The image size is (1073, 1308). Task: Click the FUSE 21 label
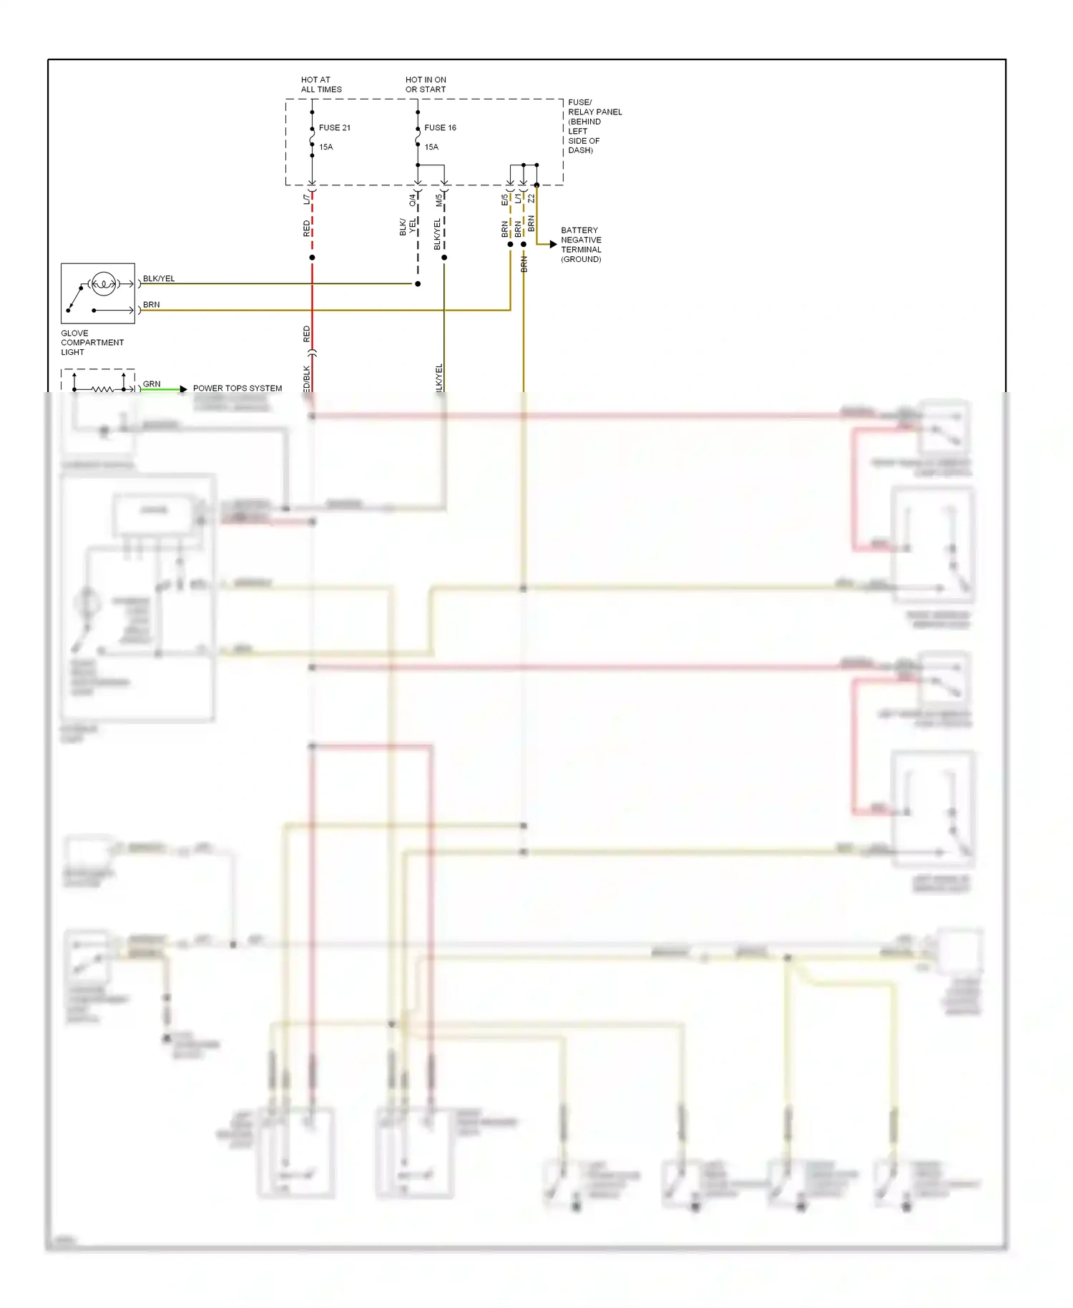pyautogui.click(x=334, y=128)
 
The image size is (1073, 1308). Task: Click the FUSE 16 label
pyautogui.click(x=440, y=128)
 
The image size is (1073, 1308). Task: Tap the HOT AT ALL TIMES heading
pyautogui.click(x=321, y=84)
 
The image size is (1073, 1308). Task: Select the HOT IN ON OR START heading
pyautogui.click(x=426, y=84)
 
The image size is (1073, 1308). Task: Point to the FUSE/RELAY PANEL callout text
pyautogui.click(x=594, y=126)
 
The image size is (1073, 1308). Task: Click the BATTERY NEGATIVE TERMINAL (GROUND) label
pyautogui.click(x=581, y=245)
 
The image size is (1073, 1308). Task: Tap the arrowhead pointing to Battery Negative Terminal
pyautogui.click(x=553, y=245)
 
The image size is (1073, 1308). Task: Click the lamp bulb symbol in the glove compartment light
pyautogui.click(x=104, y=284)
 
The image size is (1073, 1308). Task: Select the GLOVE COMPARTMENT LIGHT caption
pyautogui.click(x=92, y=343)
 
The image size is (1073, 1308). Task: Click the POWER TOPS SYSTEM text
pyautogui.click(x=237, y=389)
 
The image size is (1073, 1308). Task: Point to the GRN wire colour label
pyautogui.click(x=152, y=384)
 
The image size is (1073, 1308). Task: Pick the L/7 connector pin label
pyautogui.click(x=307, y=199)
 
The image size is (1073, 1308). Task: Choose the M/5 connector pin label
pyautogui.click(x=439, y=200)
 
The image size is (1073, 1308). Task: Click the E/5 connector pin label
pyautogui.click(x=504, y=200)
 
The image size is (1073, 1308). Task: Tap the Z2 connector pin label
pyautogui.click(x=531, y=198)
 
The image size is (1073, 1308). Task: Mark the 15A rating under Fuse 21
pyautogui.click(x=325, y=147)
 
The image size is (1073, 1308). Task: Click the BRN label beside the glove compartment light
pyautogui.click(x=152, y=305)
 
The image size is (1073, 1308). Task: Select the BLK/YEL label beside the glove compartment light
pyautogui.click(x=159, y=278)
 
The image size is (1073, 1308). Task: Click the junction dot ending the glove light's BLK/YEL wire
pyautogui.click(x=418, y=284)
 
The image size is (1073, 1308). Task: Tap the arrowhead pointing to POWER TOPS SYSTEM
pyautogui.click(x=184, y=389)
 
